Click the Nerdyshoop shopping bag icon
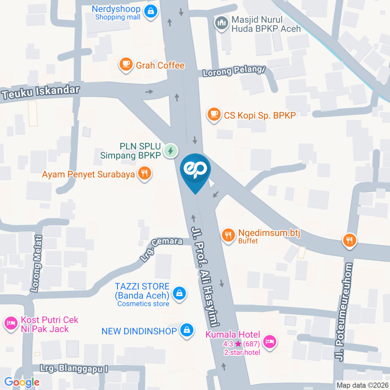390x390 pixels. [151, 12]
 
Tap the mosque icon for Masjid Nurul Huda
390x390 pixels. [221, 24]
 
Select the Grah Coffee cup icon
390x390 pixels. [126, 65]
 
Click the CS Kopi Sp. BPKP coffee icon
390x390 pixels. [214, 115]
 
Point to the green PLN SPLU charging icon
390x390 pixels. [171, 151]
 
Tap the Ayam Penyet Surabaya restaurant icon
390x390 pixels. [144, 174]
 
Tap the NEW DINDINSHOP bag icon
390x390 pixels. [186, 330]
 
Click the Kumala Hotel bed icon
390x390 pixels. [269, 341]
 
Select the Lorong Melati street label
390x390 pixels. [38, 264]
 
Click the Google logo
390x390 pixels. [22, 382]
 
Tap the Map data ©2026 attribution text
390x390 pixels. [362, 385]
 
